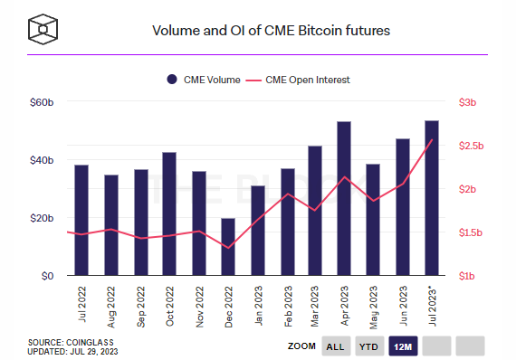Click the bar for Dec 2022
coord(228,247)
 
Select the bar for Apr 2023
coord(344,199)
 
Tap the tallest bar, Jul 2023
coord(432,198)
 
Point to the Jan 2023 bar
coord(258,231)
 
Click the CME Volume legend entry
coord(204,80)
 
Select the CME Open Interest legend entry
coord(300,80)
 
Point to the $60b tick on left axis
coord(43,102)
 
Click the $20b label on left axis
coord(43,218)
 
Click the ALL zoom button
coord(335,346)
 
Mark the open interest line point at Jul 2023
coord(432,140)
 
